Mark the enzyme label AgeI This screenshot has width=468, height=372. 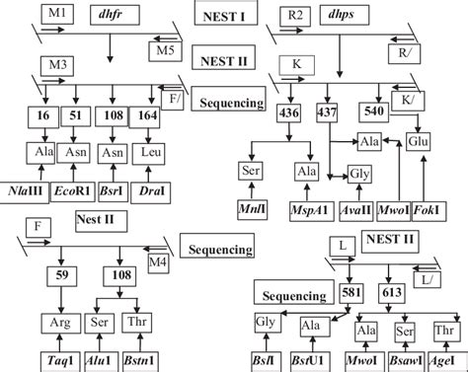click(x=445, y=362)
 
